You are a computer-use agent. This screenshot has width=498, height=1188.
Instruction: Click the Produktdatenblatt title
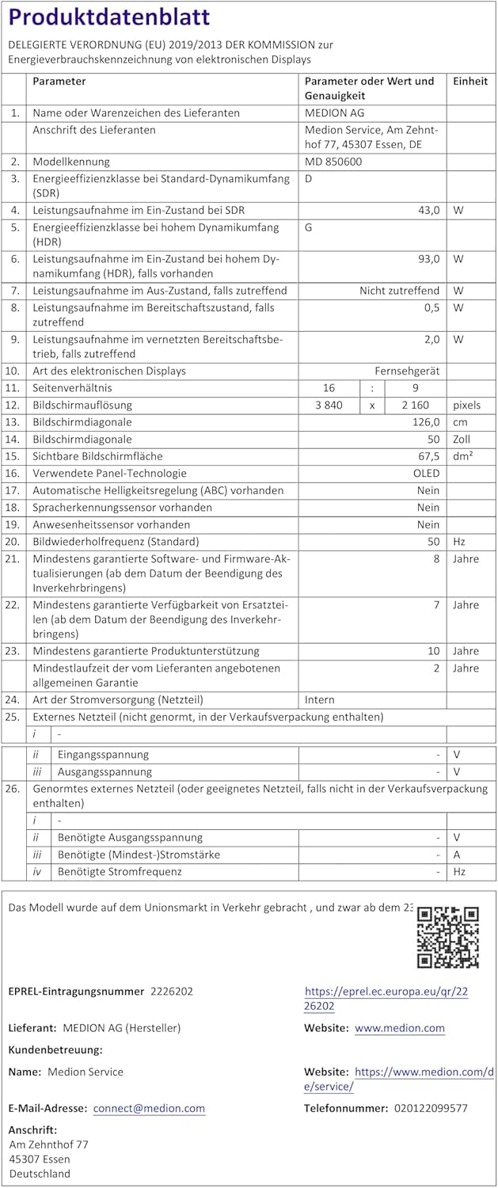tap(108, 17)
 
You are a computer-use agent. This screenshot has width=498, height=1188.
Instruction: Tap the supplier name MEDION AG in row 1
tap(335, 113)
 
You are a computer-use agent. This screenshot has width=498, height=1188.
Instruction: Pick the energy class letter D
tap(309, 178)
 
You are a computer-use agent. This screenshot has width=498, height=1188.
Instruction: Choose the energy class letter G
tap(309, 227)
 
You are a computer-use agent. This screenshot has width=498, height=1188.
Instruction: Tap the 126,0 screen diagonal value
tap(424, 422)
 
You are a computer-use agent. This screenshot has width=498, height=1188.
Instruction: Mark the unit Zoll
tap(462, 439)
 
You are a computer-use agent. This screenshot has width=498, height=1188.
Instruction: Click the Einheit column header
tap(469, 82)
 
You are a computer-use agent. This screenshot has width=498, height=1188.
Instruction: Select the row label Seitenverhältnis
tap(73, 388)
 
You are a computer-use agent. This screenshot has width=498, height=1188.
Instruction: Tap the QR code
tap(448, 937)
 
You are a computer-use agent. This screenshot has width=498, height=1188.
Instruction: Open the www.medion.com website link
tap(399, 1028)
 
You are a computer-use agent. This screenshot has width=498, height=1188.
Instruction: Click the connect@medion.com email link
tap(149, 1108)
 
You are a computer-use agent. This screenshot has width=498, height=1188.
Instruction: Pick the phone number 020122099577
tap(431, 1108)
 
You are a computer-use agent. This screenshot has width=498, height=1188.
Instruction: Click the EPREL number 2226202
tap(172, 991)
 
